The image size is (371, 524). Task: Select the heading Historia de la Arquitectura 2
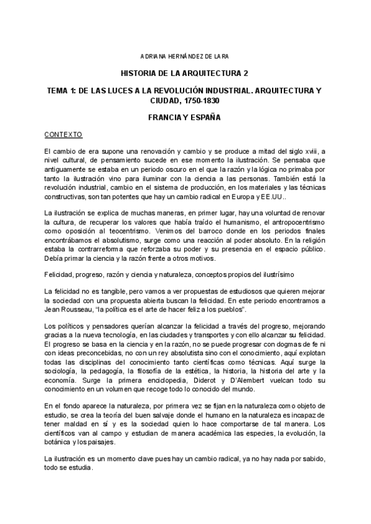185,72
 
